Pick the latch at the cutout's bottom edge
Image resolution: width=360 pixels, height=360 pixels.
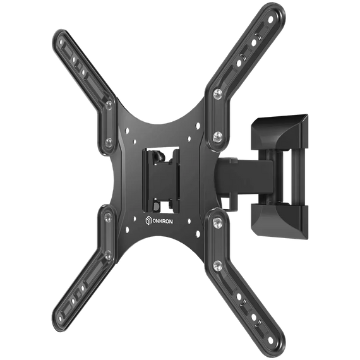[x=162, y=205]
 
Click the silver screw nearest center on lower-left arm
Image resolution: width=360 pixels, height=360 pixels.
[x=109, y=217]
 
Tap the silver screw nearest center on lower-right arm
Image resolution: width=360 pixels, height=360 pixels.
[x=217, y=221]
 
